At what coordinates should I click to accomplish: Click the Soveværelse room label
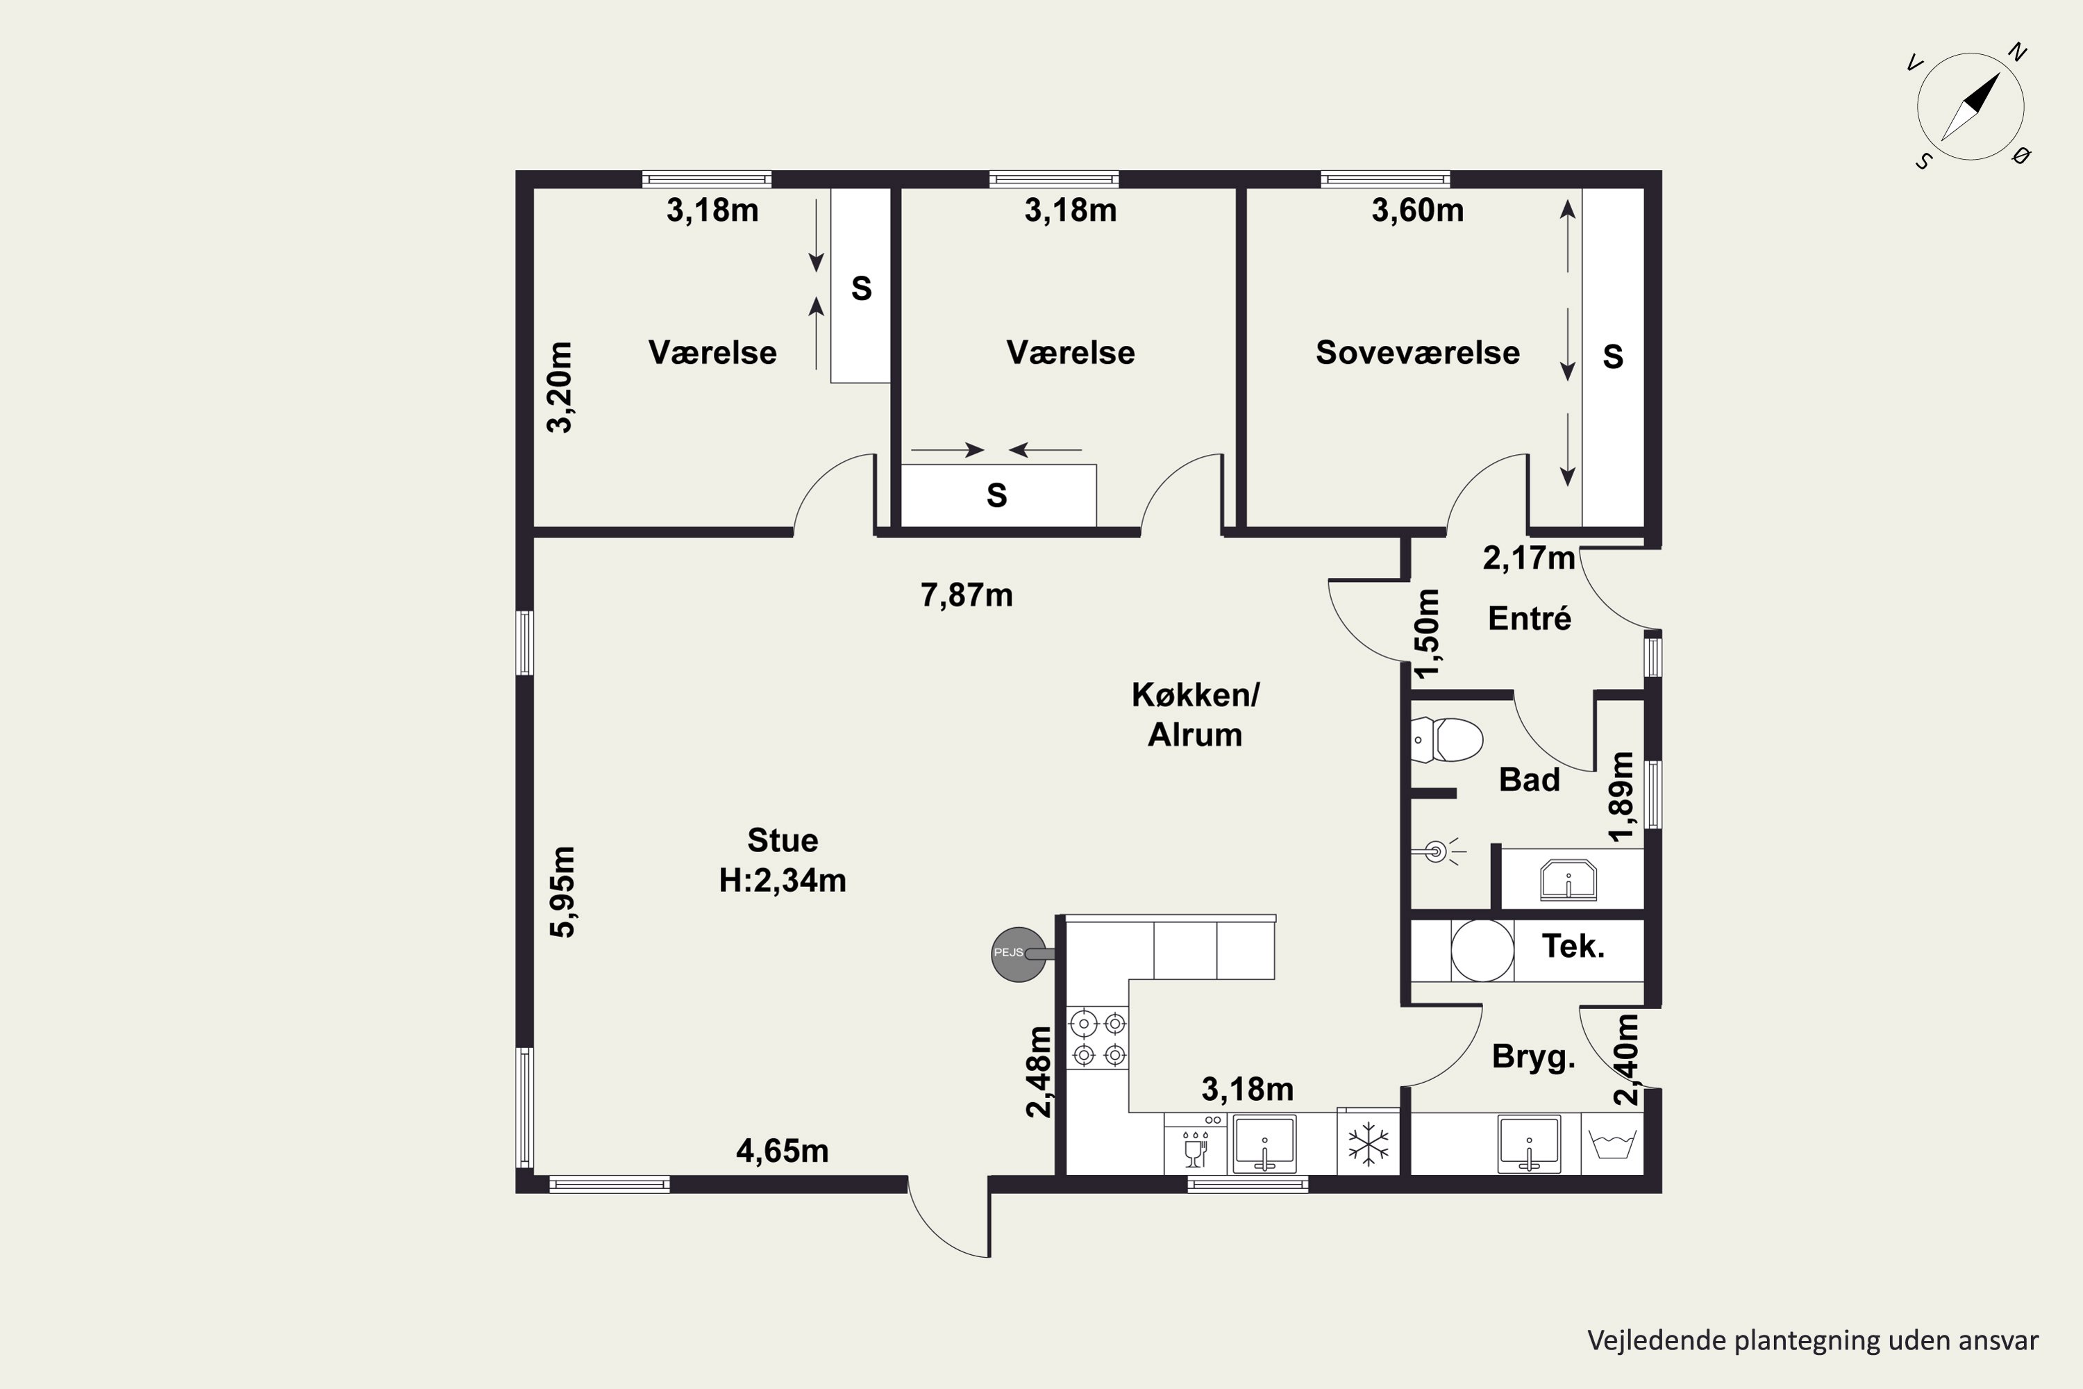point(1417,353)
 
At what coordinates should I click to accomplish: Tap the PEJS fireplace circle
point(1019,954)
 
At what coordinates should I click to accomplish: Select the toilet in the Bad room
point(1446,740)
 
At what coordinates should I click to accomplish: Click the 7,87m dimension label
point(967,595)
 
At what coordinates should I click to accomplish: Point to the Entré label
point(1530,618)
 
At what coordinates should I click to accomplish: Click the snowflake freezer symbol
point(1369,1144)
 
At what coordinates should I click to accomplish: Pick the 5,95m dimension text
point(562,892)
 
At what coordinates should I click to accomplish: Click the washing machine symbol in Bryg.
point(1612,1144)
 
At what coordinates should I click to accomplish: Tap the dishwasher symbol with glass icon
point(1196,1144)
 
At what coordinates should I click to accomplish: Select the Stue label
point(783,840)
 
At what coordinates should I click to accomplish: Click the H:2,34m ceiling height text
point(783,881)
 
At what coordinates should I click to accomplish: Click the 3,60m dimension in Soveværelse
point(1417,211)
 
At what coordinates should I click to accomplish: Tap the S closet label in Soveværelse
point(1613,357)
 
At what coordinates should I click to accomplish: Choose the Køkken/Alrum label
point(1196,715)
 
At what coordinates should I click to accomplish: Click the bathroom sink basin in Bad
point(1568,881)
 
